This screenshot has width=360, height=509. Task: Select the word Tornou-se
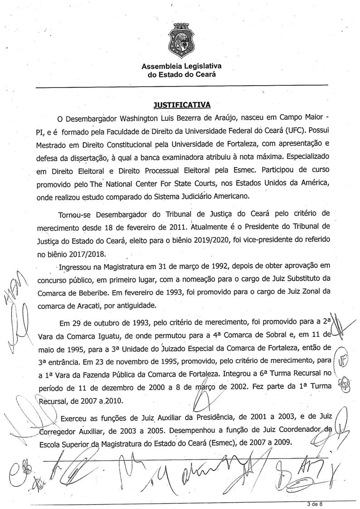[77, 213]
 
